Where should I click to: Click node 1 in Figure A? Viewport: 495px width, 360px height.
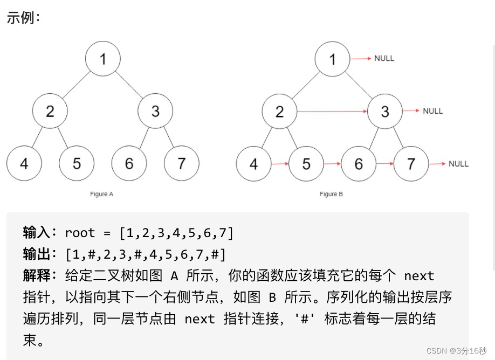pyautogui.click(x=103, y=58)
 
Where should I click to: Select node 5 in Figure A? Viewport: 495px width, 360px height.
pyautogui.click(x=77, y=163)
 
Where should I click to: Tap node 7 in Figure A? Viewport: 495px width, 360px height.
pyautogui.click(x=182, y=163)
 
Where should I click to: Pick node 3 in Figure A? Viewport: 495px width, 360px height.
pyautogui.click(x=155, y=111)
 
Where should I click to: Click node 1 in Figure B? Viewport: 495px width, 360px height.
pyautogui.click(x=333, y=58)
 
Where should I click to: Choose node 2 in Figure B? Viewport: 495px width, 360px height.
pyautogui.click(x=279, y=112)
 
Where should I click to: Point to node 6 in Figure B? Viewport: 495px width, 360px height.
pyautogui.click(x=359, y=164)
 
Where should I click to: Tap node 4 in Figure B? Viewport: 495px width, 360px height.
pyautogui.click(x=253, y=164)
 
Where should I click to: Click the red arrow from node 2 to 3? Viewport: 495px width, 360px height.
pyautogui.click(x=332, y=112)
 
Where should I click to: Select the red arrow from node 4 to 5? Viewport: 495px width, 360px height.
pyautogui.click(x=279, y=164)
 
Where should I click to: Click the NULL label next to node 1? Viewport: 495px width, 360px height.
pyautogui.click(x=384, y=58)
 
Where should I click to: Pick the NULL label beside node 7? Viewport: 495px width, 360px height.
pyautogui.click(x=458, y=164)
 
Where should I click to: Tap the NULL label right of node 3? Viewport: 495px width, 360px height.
pyautogui.click(x=432, y=111)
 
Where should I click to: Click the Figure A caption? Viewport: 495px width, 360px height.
pyautogui.click(x=102, y=194)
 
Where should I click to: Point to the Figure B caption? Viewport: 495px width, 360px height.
pyautogui.click(x=331, y=194)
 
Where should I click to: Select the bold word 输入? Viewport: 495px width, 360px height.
pyautogui.click(x=37, y=233)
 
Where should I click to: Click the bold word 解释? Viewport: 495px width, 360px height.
pyautogui.click(x=37, y=276)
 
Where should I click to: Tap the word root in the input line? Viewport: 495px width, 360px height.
pyautogui.click(x=79, y=233)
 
